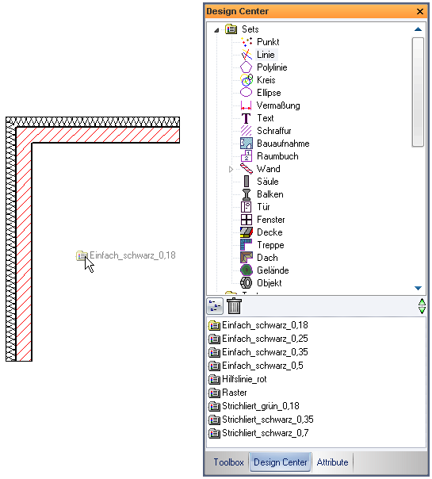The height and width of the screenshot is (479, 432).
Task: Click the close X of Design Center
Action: pos(420,12)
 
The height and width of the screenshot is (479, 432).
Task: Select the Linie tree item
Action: pos(266,55)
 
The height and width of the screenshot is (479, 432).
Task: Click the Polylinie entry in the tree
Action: pos(272,67)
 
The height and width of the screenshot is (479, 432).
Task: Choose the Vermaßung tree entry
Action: pos(278,105)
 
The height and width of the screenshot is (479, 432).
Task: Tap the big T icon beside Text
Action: pos(246,118)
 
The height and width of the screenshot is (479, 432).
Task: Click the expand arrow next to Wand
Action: pos(231,169)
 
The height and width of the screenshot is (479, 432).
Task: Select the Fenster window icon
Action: pos(246,220)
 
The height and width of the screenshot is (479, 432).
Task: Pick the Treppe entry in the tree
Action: pos(270,245)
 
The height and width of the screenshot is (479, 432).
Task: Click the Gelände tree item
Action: pos(273,270)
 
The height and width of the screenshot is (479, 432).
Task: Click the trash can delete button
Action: pos(234,306)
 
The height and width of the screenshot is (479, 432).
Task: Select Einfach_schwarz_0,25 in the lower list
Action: pos(265,339)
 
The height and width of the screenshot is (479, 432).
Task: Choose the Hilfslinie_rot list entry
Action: pos(244,379)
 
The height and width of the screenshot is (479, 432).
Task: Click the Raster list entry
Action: pos(234,393)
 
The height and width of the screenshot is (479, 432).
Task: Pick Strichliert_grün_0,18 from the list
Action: pos(261,406)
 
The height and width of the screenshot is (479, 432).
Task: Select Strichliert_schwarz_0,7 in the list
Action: pos(265,433)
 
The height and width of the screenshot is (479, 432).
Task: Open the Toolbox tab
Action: pos(228,462)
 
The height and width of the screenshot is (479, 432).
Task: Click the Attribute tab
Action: pos(332,462)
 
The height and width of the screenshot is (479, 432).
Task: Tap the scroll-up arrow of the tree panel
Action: pos(418,29)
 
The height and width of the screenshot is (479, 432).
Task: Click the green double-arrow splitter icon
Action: pos(422,306)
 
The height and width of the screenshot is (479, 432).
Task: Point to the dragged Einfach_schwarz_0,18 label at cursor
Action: pos(132,255)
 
